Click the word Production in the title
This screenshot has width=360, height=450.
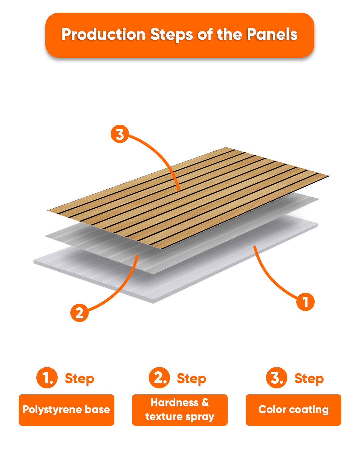103,34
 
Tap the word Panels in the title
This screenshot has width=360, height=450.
272,34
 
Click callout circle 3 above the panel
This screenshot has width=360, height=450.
120,134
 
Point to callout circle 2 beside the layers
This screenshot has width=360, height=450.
79,313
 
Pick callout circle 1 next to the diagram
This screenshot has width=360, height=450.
305,302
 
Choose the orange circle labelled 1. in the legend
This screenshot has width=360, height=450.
47,378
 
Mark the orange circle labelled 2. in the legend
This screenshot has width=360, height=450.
159,378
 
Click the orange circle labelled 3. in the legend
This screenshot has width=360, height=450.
277,378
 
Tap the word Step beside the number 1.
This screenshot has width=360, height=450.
79,379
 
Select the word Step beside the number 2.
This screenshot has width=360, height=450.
191,379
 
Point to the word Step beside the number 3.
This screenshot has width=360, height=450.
309,379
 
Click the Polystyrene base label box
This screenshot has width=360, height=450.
66,410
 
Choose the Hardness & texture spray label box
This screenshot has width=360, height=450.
180,410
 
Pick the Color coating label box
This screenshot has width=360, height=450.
293,410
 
